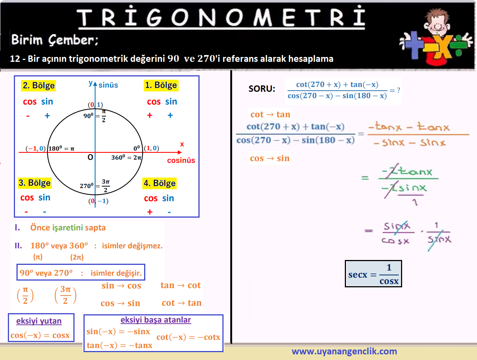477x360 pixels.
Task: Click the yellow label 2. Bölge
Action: [x=39, y=85]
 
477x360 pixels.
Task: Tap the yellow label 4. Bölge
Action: [x=159, y=183]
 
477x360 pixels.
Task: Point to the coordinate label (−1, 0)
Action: [x=36, y=148]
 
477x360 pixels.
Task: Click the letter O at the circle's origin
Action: [x=90, y=157]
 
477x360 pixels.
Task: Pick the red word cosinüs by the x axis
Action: [x=181, y=160]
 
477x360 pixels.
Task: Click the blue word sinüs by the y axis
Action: [x=108, y=85]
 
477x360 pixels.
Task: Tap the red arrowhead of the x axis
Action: [x=179, y=152]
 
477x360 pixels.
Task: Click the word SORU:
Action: [x=262, y=89]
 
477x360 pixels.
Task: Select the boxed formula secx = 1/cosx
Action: [x=373, y=274]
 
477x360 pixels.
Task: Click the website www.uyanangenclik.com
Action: [x=344, y=351]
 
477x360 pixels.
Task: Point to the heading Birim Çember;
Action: [x=55, y=40]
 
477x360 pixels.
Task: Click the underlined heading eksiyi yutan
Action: [x=39, y=321]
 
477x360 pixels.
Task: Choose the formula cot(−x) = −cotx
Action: [x=188, y=337]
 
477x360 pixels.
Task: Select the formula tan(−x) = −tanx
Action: [x=119, y=345]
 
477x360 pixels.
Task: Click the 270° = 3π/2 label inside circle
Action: [x=95, y=186]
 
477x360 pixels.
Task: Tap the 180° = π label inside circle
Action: [x=61, y=148]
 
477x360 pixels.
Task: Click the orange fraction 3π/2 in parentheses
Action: [x=66, y=295]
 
